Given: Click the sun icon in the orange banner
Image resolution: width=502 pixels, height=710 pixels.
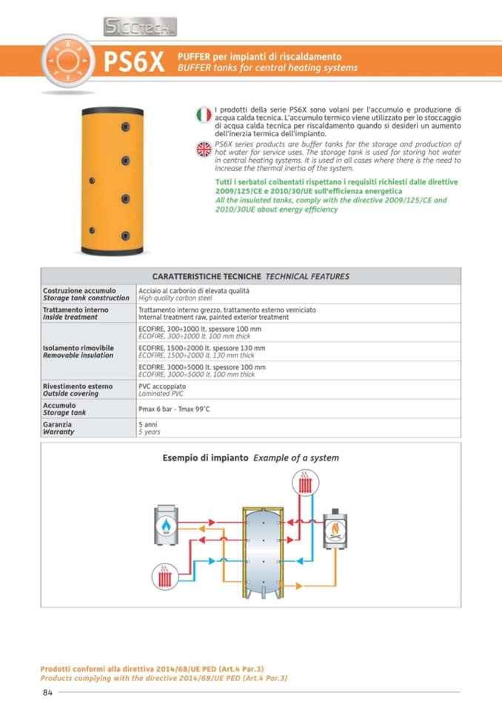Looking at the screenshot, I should (x=67, y=61).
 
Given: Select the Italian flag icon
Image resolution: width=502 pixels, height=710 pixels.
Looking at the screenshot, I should (x=204, y=115).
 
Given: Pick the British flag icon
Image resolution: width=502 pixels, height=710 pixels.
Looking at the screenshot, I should (x=204, y=149).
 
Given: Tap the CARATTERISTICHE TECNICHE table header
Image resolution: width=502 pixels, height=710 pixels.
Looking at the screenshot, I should (x=250, y=276).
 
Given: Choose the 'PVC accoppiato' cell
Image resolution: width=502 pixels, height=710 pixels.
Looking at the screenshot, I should (x=162, y=386).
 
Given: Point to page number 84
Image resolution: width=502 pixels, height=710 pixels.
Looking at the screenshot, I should (x=47, y=692).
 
